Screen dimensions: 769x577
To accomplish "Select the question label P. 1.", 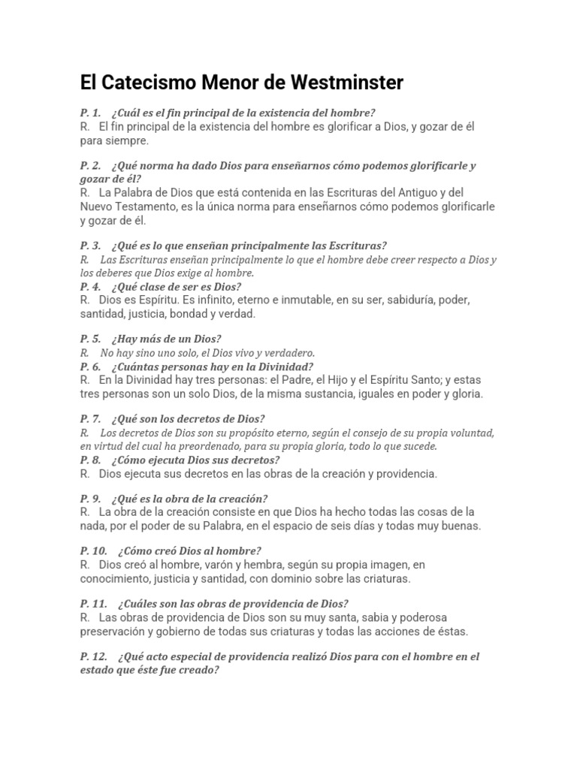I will pos(90,112).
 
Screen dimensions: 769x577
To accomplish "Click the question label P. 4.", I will pos(90,286).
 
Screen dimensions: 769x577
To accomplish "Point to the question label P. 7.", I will pos(90,418).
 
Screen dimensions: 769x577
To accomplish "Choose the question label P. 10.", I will pos(93,550).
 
